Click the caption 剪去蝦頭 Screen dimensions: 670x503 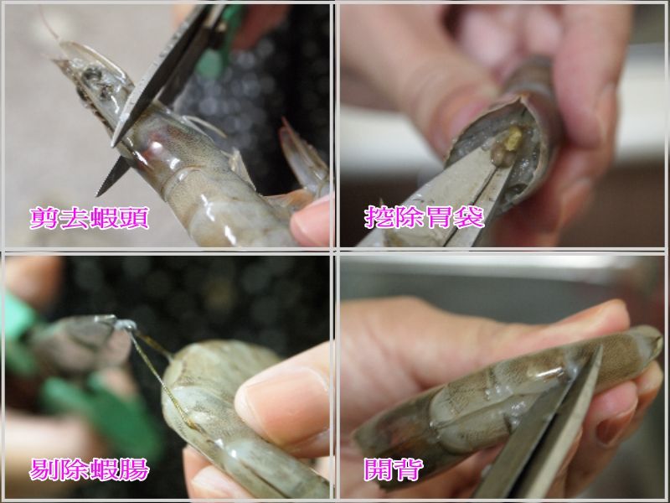(x=90, y=218)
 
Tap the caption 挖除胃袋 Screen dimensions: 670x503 (x=425, y=217)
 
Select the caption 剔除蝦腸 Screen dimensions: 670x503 (x=90, y=469)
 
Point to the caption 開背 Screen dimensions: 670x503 (x=394, y=469)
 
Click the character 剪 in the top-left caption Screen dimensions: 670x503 (x=44, y=218)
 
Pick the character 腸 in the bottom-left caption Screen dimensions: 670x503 (x=135, y=469)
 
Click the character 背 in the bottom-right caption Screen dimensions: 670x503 (x=410, y=469)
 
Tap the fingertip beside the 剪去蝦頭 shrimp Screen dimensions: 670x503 (x=310, y=222)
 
